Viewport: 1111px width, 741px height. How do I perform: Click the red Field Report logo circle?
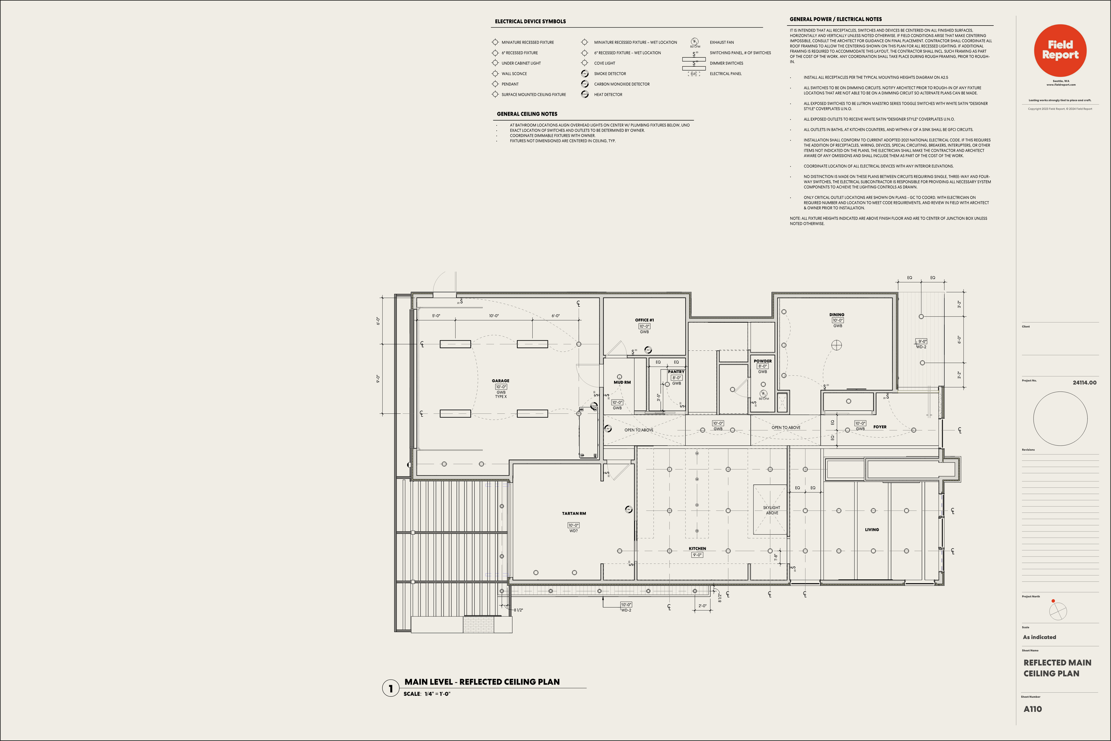(x=1060, y=51)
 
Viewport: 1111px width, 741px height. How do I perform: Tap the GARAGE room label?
(x=500, y=381)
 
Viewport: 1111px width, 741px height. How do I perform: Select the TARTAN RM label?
(x=573, y=513)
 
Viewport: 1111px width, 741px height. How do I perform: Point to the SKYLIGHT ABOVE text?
(x=771, y=510)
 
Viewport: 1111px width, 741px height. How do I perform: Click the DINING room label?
(x=836, y=314)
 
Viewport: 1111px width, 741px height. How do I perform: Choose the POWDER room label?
(x=763, y=361)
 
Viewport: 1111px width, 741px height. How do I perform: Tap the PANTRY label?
(x=676, y=372)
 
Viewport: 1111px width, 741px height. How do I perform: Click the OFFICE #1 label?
(x=644, y=320)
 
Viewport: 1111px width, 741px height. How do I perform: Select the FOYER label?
(x=879, y=427)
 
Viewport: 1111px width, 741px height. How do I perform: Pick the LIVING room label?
(x=871, y=530)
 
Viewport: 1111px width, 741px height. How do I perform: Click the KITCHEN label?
(x=697, y=549)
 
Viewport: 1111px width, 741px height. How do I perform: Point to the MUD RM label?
(x=622, y=382)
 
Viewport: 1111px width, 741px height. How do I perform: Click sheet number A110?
(x=1033, y=709)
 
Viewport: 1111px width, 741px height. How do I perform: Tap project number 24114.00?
(x=1084, y=382)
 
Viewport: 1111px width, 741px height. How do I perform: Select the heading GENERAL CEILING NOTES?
(x=527, y=114)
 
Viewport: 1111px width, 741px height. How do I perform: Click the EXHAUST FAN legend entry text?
(x=721, y=43)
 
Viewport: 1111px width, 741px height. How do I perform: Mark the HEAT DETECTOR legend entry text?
(x=608, y=95)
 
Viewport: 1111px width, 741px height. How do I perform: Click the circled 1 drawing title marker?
(x=390, y=688)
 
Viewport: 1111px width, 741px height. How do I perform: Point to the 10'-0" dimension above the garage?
(x=494, y=316)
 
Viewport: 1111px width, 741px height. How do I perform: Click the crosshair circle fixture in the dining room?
(x=836, y=345)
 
